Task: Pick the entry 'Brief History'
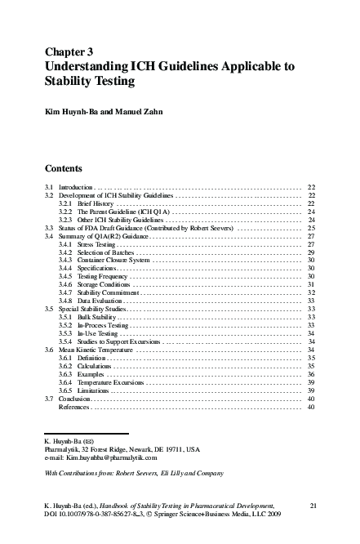point(96,204)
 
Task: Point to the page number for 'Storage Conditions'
point(311,285)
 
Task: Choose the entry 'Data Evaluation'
point(100,301)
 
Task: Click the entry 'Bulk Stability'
point(96,317)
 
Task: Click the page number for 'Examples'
point(311,373)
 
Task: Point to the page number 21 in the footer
point(312,507)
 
